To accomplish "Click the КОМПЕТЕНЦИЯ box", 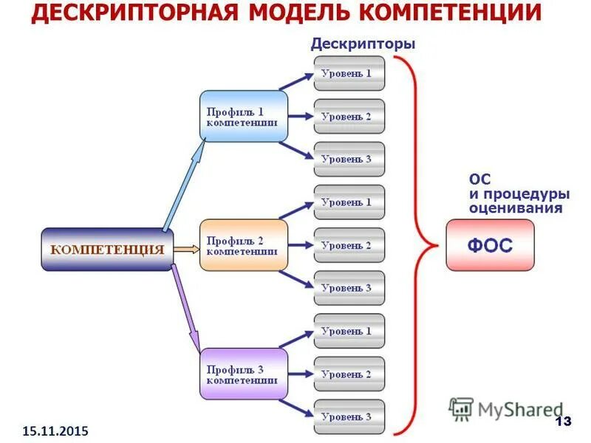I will (x=106, y=250).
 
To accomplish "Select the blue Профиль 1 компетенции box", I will (x=243, y=116).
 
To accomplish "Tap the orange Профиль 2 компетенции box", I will (x=243, y=245).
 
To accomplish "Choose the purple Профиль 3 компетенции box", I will (x=243, y=374).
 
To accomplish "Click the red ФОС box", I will (x=490, y=245).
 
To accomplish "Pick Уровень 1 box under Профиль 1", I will (x=349, y=73).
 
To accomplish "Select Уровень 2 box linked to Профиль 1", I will (x=349, y=116).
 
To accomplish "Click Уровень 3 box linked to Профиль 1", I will (x=349, y=159).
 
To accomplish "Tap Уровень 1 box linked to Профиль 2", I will (x=349, y=202).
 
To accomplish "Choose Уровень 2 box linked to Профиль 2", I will (x=349, y=245).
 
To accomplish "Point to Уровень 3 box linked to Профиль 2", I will (x=349, y=288).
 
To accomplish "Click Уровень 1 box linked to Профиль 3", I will (x=349, y=331).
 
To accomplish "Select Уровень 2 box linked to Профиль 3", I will (x=349, y=374).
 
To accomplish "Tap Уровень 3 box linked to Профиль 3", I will (x=349, y=416).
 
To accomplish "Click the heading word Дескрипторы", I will (x=363, y=44).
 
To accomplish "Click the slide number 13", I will (x=563, y=422).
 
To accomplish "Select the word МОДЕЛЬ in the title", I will (x=299, y=14).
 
